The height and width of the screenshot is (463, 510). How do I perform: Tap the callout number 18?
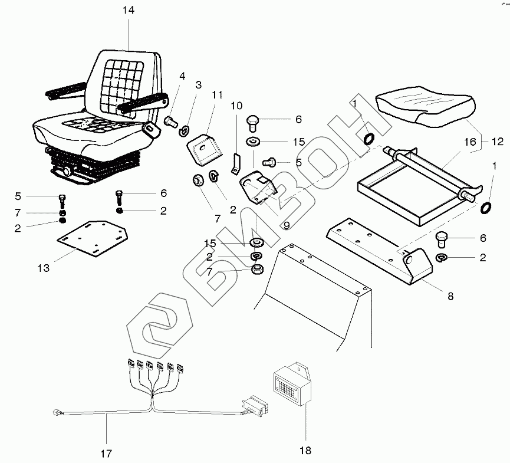coord(304,451)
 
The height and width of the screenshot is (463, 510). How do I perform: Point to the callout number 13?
coord(44,268)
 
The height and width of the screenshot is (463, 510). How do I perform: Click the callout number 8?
coord(450,296)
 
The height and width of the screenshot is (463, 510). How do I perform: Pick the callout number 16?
coord(470,142)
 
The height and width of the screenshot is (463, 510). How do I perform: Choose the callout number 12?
coord(498,142)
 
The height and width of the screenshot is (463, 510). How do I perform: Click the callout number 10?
coord(236,106)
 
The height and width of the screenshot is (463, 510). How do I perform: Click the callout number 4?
coord(182,75)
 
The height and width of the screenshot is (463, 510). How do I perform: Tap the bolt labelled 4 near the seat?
coord(171,122)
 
